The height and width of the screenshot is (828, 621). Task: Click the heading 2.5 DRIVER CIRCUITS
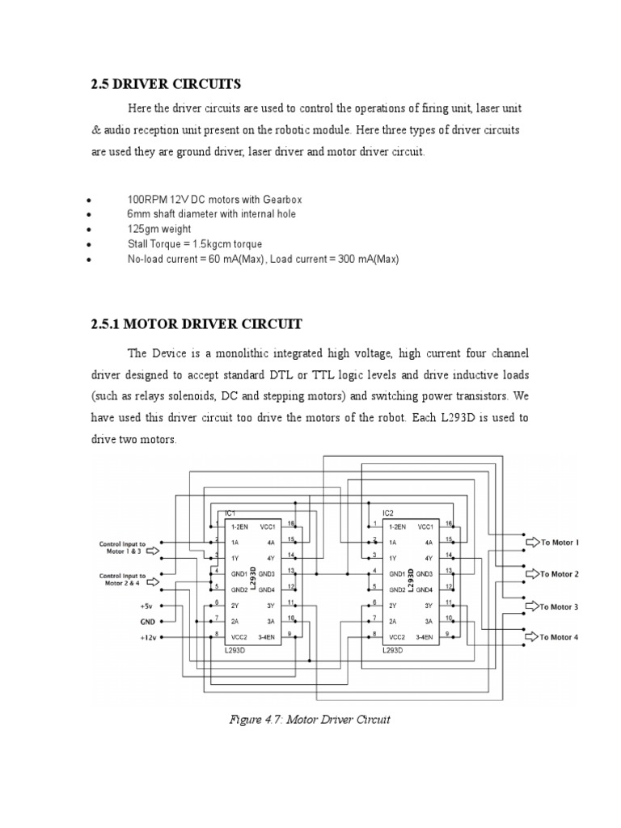coord(166,84)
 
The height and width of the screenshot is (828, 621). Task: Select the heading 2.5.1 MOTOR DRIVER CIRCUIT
coord(196,324)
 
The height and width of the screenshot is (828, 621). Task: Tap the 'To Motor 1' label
coord(560,543)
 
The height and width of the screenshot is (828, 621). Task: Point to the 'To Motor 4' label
coord(560,637)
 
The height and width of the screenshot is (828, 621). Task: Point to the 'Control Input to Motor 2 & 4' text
coord(122,578)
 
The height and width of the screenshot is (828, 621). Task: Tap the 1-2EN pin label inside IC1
coord(240,526)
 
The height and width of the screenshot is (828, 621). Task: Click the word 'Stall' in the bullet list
coord(138,244)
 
